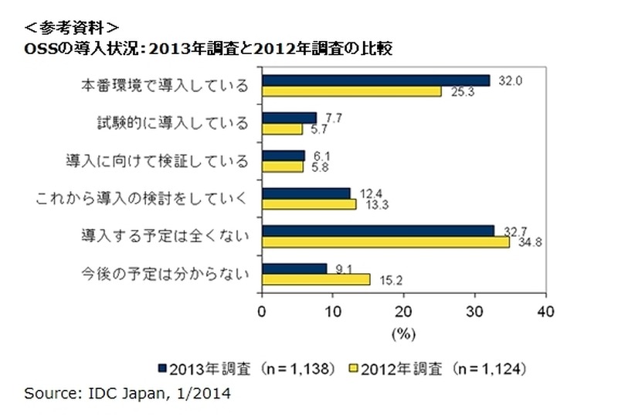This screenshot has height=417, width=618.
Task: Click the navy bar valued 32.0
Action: pos(376,80)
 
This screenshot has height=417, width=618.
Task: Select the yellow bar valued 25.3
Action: pos(352,92)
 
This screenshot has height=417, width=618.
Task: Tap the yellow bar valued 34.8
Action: pos(386,242)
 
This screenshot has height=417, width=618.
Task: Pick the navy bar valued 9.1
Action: pos(295,268)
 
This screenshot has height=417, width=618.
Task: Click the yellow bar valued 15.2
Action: pos(317,279)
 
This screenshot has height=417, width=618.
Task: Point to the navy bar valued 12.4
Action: pos(307,193)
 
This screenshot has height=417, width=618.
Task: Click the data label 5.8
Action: pos(316,166)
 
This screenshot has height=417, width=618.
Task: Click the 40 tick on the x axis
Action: pos(546,311)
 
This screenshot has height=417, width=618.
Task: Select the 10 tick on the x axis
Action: pos(333,311)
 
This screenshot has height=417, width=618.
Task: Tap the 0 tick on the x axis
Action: pos(262,311)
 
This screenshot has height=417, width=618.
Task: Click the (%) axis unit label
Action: pos(402,333)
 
